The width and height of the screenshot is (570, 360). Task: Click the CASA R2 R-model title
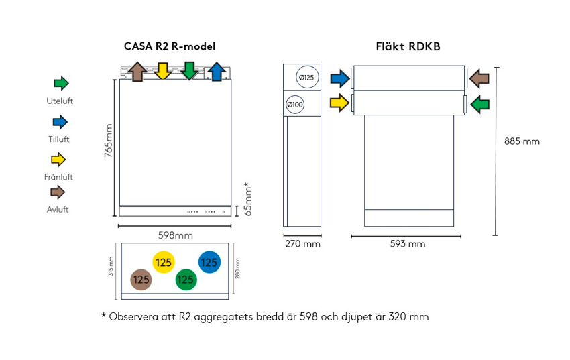pos(170,46)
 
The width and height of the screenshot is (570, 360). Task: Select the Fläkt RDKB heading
pos(408,46)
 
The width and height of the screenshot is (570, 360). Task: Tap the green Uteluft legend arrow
pos(61,84)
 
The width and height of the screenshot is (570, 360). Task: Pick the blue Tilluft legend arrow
pos(60,122)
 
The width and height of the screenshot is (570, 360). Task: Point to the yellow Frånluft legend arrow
pos(59,160)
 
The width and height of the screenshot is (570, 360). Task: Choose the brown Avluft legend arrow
pos(59,192)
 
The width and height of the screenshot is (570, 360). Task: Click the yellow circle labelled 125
pos(164,263)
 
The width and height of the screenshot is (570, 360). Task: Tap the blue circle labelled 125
pos(209,263)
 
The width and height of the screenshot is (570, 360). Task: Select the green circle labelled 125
pos(186,279)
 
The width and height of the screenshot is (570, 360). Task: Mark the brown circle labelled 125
pos(141,279)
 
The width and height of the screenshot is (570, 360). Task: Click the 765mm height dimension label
pos(109,141)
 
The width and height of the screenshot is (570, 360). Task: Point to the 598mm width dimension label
pos(175,236)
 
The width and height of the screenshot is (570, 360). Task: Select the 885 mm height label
pos(522,141)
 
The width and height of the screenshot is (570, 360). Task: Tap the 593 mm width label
pos(408,244)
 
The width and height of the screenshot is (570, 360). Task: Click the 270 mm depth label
pos(302,244)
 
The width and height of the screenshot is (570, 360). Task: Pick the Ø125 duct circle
pos(305,78)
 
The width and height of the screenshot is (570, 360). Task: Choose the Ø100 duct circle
pos(295,105)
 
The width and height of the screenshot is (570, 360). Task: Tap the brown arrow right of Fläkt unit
pos(479,78)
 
